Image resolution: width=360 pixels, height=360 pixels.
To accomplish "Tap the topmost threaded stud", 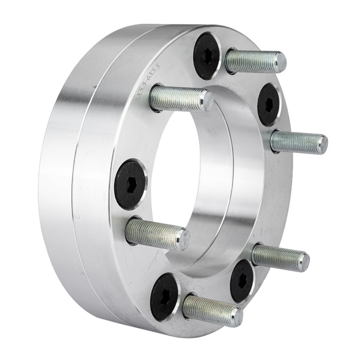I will [x=255, y=61].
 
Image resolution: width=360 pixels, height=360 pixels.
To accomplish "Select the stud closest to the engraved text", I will [x=180, y=99].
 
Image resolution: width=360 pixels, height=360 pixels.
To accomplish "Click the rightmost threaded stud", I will [x=299, y=143].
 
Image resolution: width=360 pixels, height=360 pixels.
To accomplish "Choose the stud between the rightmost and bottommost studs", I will [x=280, y=257].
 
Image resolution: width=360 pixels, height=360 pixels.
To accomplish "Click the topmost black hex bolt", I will [x=207, y=56].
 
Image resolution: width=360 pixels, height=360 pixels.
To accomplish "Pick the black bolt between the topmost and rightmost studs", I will [x=269, y=104].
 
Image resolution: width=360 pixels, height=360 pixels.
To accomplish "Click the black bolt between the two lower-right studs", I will [x=242, y=280].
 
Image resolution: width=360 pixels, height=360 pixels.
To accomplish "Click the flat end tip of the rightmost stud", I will [x=324, y=144].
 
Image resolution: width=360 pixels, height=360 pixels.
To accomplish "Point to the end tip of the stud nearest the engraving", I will [x=207, y=101].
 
